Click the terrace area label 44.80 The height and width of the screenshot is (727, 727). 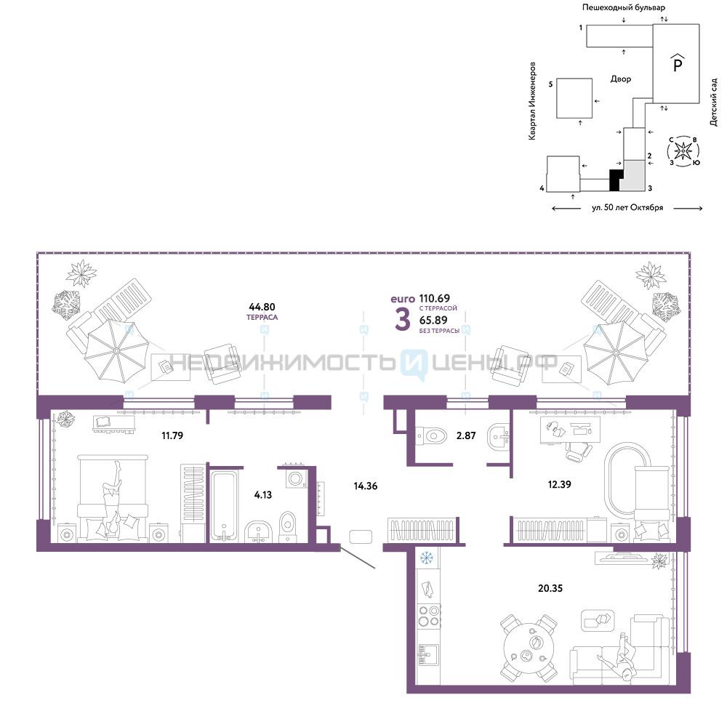[262, 307]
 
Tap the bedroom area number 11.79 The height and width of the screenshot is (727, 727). [172, 435]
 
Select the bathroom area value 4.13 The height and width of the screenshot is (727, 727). [263, 494]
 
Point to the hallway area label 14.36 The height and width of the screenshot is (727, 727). [366, 486]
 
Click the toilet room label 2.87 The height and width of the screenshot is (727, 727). [466, 435]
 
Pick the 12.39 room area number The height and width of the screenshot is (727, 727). [559, 484]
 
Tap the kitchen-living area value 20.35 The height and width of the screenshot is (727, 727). [550, 588]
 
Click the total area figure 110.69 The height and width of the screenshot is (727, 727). [435, 298]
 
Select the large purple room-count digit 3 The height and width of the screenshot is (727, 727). [403, 319]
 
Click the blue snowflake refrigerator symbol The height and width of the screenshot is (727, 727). [426, 558]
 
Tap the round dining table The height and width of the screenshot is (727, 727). [529, 648]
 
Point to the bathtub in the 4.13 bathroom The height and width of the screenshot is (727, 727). [223, 506]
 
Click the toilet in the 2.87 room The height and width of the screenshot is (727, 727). [431, 435]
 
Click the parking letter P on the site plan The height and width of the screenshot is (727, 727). [678, 63]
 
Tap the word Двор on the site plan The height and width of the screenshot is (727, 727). [620, 79]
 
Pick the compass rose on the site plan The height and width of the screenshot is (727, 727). [683, 150]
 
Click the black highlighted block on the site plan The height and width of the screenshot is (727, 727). [616, 180]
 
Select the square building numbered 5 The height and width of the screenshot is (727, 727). [574, 98]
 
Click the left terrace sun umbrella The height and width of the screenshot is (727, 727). [116, 351]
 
